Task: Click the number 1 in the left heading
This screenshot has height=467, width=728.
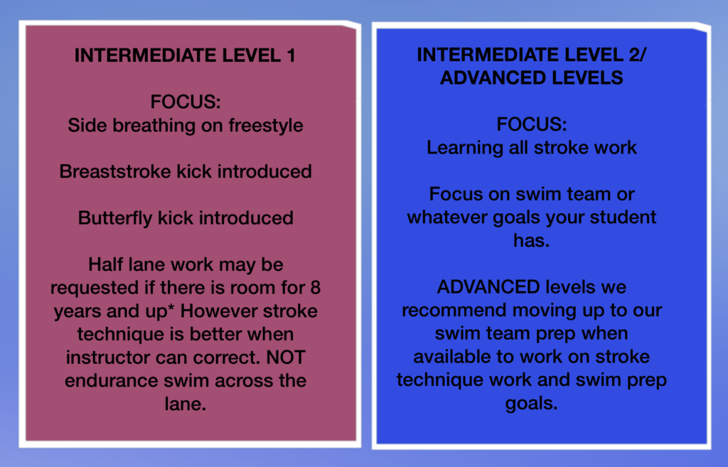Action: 291,55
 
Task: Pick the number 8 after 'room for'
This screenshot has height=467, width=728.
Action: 315,288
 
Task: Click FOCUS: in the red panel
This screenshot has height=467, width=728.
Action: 186,102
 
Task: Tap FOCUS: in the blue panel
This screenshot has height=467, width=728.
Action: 532,124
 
